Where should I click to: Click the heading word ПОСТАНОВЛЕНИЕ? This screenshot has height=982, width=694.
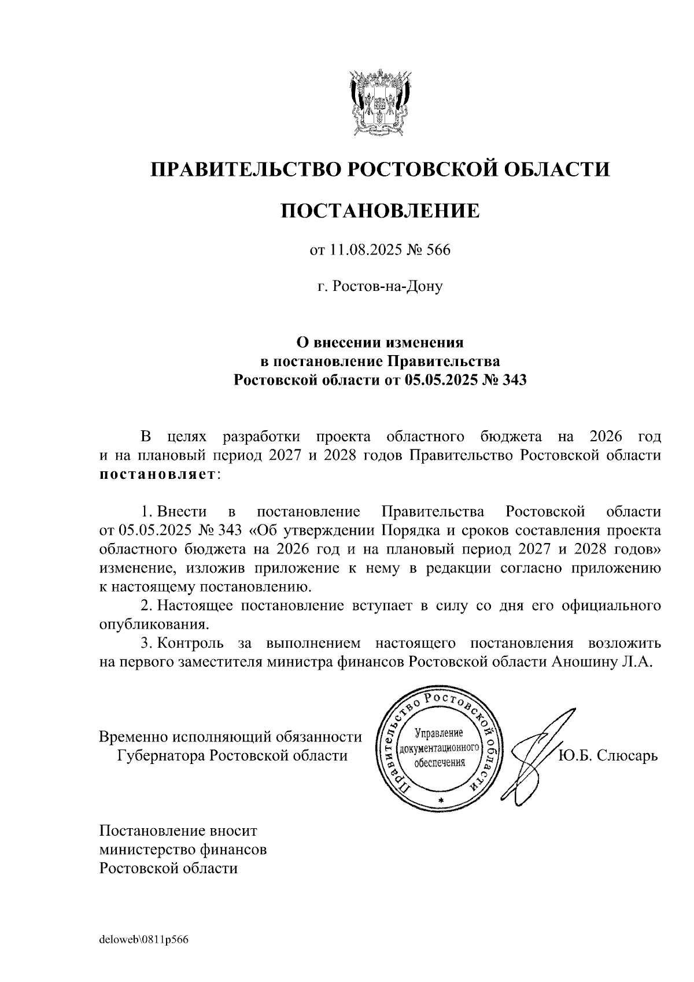coord(380,211)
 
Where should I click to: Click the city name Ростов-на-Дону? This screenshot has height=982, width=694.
coord(387,286)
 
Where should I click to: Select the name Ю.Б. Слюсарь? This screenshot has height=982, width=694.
coord(608,755)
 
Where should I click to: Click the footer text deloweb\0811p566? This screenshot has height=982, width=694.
coord(144,940)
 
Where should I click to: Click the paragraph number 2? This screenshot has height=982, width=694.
coord(146,606)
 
